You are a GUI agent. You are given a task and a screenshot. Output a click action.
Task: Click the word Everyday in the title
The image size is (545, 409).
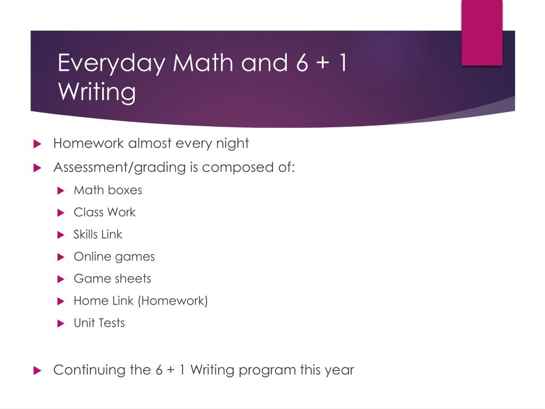[x=111, y=64]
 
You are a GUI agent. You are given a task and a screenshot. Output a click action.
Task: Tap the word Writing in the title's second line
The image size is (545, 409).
[x=97, y=92]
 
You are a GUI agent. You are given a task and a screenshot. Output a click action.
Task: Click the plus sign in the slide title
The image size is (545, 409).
[x=323, y=63]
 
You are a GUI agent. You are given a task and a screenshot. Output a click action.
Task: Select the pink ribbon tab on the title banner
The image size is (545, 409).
[x=482, y=32]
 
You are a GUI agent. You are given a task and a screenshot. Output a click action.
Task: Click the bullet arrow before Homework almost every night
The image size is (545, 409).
[x=37, y=144]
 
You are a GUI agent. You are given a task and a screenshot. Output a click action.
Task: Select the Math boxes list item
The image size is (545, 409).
[x=108, y=190]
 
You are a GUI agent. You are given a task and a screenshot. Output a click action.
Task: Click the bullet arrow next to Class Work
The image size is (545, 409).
[x=61, y=212]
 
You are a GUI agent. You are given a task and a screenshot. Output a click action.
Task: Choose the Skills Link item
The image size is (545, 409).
[x=98, y=234]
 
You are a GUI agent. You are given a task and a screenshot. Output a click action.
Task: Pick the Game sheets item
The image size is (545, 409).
[x=112, y=279]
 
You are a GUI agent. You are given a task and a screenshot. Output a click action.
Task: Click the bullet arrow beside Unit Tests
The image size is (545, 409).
[x=61, y=323]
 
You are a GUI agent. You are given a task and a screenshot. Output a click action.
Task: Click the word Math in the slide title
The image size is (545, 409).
[x=203, y=63]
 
